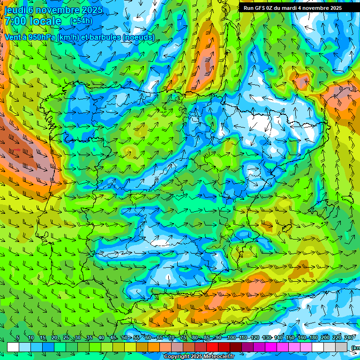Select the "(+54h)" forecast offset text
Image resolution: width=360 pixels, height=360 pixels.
point(81,22)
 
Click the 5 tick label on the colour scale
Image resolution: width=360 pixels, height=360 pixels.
point(18,338)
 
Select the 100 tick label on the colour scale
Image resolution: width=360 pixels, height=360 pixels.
point(231,338)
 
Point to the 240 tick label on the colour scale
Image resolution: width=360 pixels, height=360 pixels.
point(349,338)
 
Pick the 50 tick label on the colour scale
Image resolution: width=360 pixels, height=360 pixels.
point(124,338)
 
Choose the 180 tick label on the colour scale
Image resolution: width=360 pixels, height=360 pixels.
point(314,338)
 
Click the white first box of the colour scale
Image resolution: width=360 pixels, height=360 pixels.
point(13,347)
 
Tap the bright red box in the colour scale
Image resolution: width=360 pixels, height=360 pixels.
point(212,347)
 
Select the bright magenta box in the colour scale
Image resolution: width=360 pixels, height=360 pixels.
point(271,347)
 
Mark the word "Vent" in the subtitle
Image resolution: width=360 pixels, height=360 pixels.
point(13,37)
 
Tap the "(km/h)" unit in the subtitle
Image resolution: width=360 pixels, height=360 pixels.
point(69,37)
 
